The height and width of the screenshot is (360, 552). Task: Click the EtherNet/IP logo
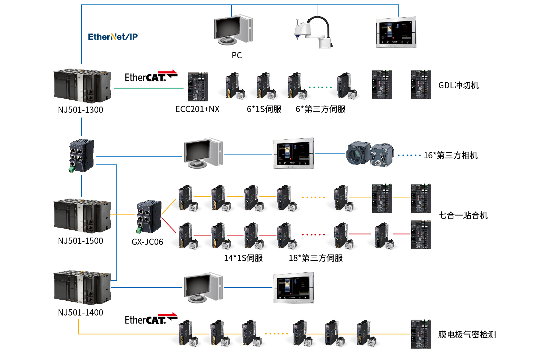(114, 37)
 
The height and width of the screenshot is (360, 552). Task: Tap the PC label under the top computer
(237, 55)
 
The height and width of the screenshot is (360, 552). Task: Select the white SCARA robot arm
(313, 33)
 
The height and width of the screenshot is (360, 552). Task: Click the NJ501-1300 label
(80, 110)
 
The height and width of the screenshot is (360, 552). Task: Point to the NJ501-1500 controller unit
(82, 216)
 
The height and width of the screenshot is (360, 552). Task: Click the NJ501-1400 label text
(80, 312)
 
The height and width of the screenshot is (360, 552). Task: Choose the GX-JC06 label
(147, 242)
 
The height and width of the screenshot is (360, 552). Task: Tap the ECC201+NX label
(197, 109)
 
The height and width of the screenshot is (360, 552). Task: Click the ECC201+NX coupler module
(198, 87)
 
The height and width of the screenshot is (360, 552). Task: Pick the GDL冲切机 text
(459, 85)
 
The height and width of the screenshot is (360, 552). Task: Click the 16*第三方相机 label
(451, 155)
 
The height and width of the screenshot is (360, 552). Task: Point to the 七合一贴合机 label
(463, 216)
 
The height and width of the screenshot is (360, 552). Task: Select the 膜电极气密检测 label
(467, 334)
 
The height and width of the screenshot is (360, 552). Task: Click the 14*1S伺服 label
(243, 258)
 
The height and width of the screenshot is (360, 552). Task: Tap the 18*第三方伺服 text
(316, 258)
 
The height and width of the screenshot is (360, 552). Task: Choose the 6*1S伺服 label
(264, 109)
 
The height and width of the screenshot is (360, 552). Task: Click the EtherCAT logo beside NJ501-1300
(151, 77)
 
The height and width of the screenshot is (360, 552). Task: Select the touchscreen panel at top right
(396, 32)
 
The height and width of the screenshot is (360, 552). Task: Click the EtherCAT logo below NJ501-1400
(151, 319)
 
